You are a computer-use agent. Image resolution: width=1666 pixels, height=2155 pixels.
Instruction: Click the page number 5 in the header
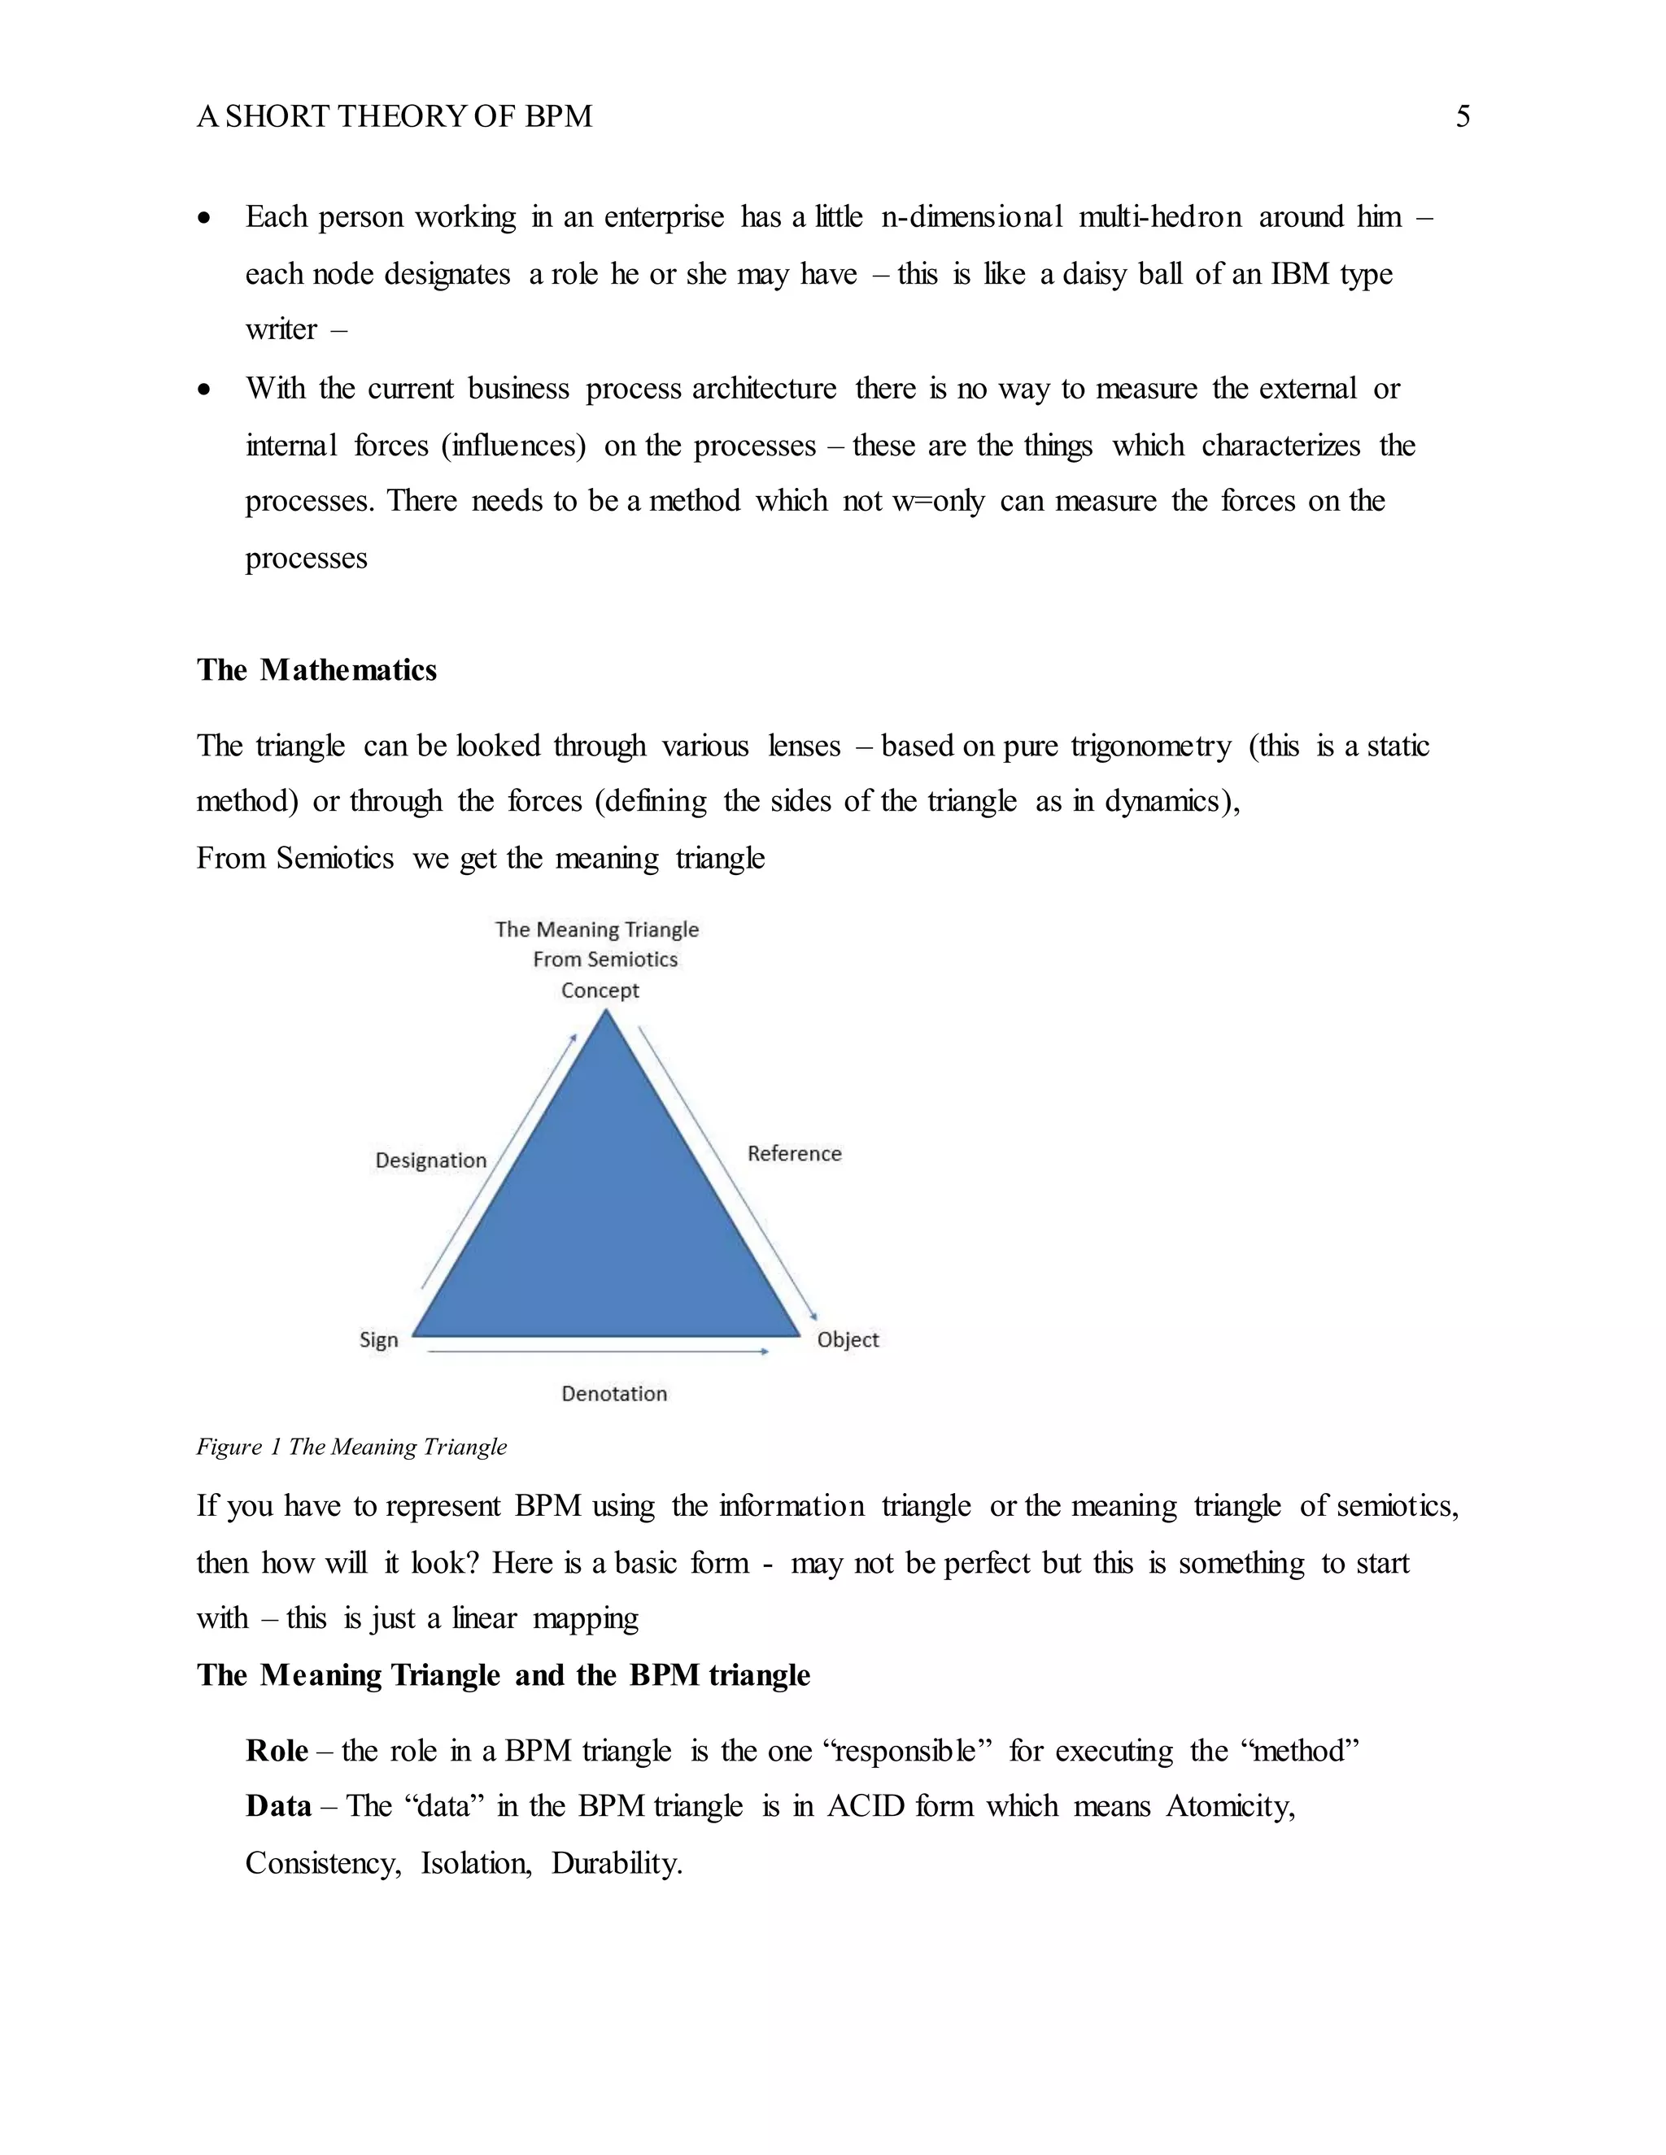1462,116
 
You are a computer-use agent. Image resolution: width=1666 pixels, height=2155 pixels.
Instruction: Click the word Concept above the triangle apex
600,990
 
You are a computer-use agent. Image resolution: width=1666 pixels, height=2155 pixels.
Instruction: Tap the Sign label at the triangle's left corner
379,1339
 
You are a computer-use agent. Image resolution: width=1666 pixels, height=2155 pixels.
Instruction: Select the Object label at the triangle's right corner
847,1339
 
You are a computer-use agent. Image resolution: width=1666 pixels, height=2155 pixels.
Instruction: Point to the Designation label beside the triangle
430,1160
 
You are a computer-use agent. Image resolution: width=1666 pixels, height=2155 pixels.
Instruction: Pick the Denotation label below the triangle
614,1393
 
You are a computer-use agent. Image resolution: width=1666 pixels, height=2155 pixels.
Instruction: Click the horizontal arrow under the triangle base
597,1352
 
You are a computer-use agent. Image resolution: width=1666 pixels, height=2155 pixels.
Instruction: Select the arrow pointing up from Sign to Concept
499,1161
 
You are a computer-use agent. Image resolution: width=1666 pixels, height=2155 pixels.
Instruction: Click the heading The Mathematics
316,670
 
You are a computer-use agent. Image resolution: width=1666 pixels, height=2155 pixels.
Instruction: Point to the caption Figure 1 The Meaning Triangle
351,1447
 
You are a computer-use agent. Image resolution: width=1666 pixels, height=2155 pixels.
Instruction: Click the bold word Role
277,1751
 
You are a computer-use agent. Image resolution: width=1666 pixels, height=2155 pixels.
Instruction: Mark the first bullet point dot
203,218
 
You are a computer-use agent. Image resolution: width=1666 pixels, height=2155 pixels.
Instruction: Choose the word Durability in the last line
616,1863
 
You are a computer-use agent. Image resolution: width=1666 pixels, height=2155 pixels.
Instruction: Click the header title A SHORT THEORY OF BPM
395,116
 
